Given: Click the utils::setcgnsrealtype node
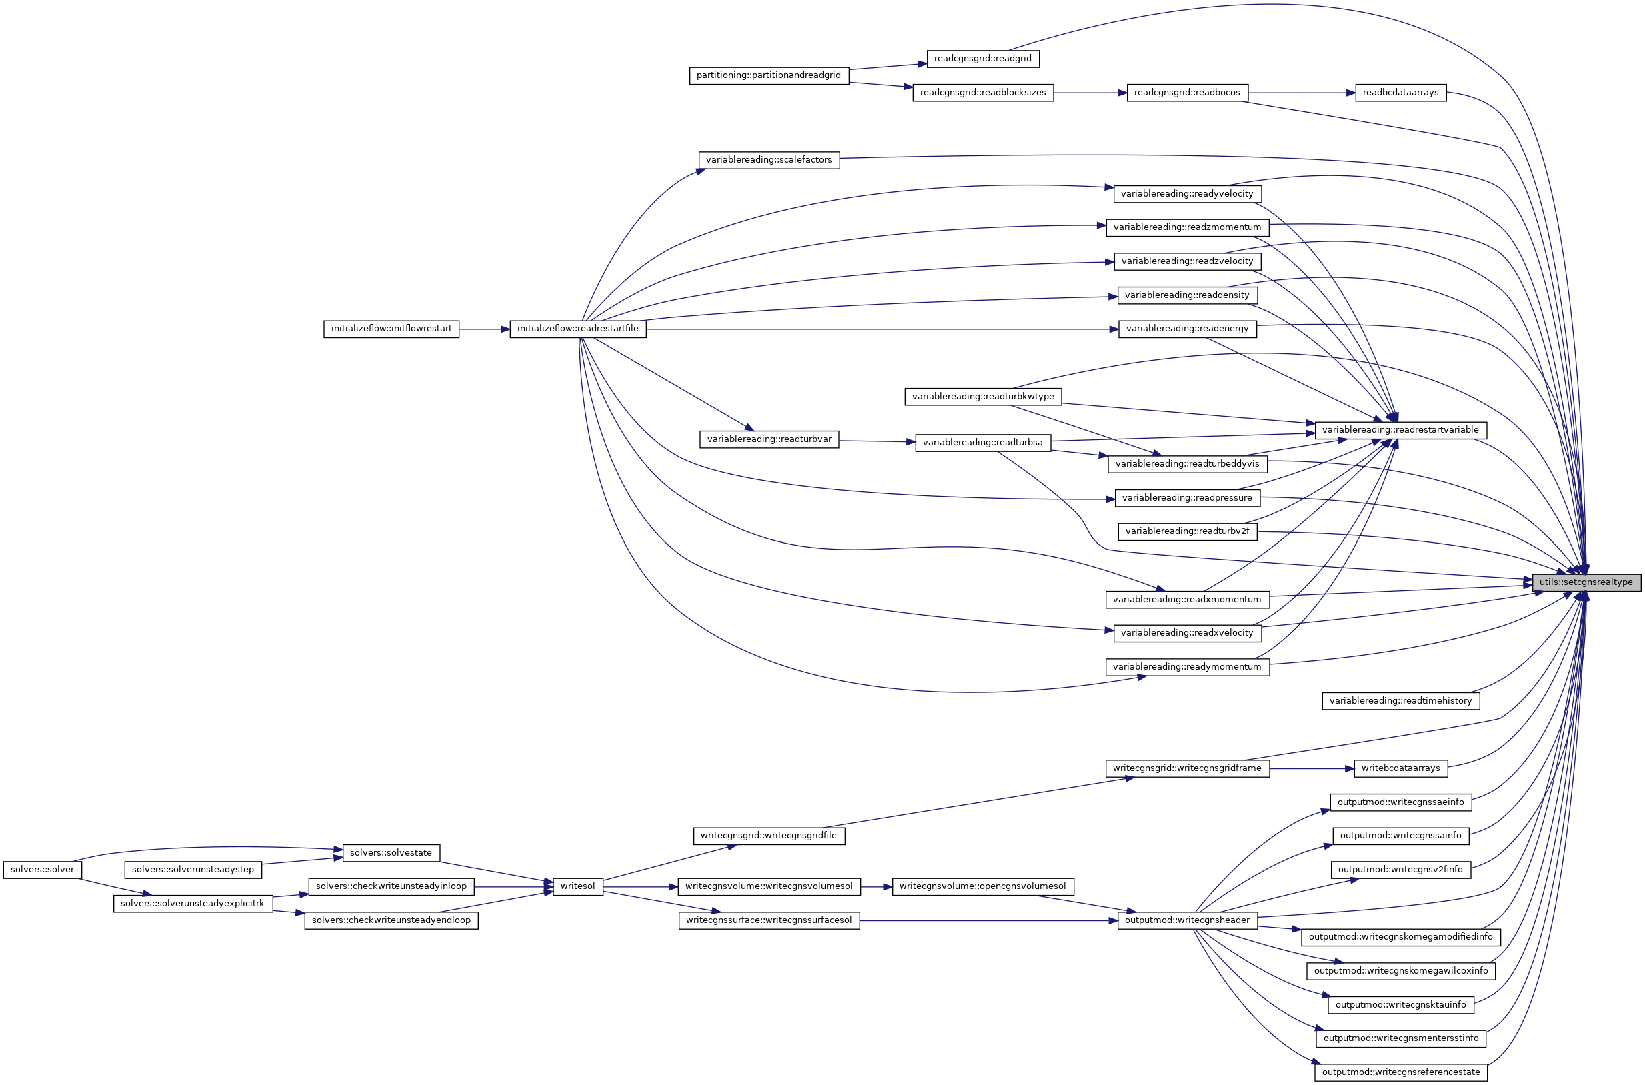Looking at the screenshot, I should [1586, 582].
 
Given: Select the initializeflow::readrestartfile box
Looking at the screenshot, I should [577, 329].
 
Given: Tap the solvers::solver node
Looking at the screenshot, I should [42, 869].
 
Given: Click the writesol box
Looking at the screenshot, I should [577, 886].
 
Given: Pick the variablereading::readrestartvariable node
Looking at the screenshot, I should [1400, 429].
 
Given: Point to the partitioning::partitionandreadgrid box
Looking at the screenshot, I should [769, 75].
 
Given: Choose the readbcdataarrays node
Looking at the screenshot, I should [1400, 92].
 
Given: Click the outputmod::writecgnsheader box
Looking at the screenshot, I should [1187, 920].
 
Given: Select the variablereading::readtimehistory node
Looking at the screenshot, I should [1400, 700].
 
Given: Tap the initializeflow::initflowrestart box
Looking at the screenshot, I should [391, 329].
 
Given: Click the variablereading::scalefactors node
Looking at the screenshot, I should [769, 160].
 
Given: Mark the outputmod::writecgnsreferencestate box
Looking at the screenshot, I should [1400, 1072].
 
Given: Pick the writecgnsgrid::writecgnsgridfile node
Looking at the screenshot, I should [769, 835].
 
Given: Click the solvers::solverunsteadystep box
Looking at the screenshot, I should [192, 869].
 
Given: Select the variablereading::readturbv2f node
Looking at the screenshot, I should [1187, 531].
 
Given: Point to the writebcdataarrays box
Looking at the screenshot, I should [1400, 768].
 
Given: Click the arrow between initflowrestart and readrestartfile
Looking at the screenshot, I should [484, 329].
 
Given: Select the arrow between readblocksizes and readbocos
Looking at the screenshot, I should [1090, 93].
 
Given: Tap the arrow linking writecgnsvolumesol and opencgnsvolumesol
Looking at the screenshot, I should [876, 886].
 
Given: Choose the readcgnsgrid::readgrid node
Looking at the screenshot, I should [982, 59].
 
